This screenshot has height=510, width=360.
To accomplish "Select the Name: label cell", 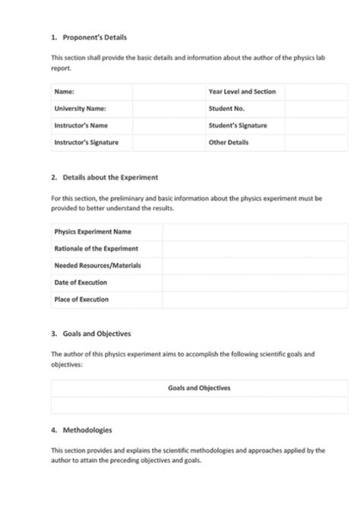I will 64,91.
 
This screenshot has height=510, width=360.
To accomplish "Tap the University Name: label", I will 80,109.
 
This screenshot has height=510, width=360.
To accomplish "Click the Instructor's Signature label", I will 86,142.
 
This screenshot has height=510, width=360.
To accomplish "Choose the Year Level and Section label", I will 242,91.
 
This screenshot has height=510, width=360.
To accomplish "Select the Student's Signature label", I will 237,125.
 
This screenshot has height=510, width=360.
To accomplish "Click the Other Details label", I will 228,142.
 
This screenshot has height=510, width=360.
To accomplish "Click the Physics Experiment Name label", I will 92,231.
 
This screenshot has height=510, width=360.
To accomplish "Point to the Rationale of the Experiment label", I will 96,249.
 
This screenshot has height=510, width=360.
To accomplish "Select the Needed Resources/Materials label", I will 97,265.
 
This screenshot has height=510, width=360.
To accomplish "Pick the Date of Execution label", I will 81,283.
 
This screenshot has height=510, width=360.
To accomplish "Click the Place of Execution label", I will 81,299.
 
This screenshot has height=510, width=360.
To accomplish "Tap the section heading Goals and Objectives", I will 96,334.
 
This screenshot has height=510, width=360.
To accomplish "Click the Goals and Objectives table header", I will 199,388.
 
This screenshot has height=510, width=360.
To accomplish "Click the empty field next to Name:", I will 168,91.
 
